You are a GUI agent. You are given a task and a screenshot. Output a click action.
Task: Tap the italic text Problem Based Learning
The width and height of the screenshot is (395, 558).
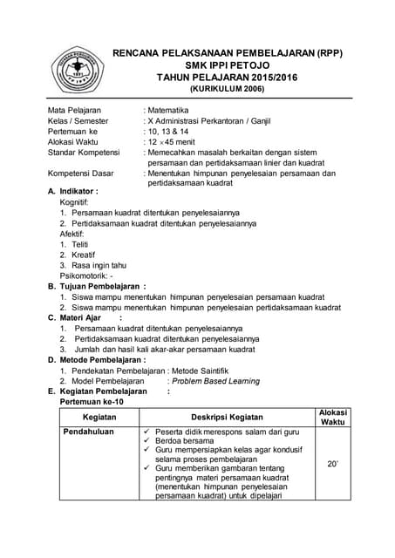[216, 381]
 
